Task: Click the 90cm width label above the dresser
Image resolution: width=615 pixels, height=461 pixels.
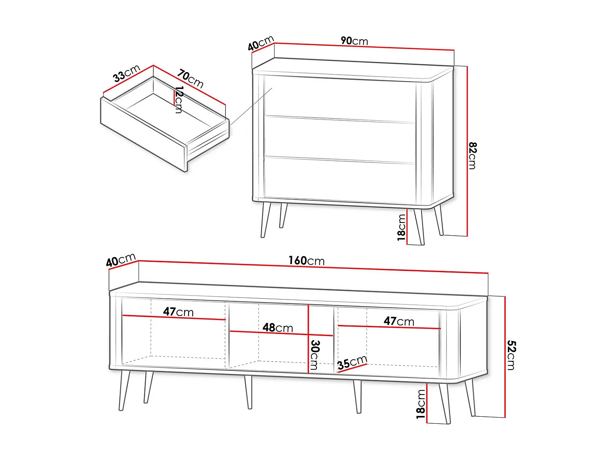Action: pyautogui.click(x=354, y=41)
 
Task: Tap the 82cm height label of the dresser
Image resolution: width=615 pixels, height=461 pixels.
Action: pyautogui.click(x=472, y=155)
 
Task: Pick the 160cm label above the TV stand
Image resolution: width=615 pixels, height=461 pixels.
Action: pyautogui.click(x=306, y=261)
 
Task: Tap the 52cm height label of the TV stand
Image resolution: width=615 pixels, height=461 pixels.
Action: pyautogui.click(x=511, y=355)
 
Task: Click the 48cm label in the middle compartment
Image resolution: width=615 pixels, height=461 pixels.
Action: pyautogui.click(x=278, y=327)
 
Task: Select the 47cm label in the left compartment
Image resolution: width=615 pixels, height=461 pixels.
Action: pyautogui.click(x=178, y=312)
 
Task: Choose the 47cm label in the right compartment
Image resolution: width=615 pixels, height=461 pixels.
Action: pyautogui.click(x=399, y=321)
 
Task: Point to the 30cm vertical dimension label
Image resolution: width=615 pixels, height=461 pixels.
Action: pyautogui.click(x=314, y=354)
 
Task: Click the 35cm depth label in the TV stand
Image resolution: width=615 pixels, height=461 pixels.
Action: pyautogui.click(x=352, y=363)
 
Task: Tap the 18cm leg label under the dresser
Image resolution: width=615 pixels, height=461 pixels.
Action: pyautogui.click(x=401, y=227)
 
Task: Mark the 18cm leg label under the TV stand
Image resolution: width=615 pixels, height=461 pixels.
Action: pyautogui.click(x=421, y=404)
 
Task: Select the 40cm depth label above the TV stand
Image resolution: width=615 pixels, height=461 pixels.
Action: pyautogui.click(x=121, y=260)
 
